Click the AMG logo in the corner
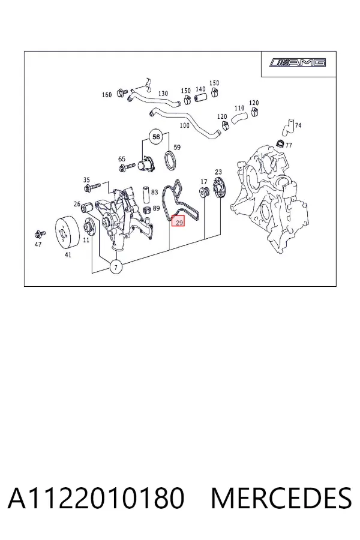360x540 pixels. (298, 62)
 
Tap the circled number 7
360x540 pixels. (116, 267)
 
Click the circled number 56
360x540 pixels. (156, 137)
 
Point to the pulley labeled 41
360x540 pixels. (68, 232)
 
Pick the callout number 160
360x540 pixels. (107, 95)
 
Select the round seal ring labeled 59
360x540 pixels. (170, 160)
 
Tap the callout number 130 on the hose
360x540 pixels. (163, 94)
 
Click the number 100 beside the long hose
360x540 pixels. (185, 125)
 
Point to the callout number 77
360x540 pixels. (289, 145)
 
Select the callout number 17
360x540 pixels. (204, 181)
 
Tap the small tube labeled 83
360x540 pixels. (146, 195)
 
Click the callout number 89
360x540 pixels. (156, 208)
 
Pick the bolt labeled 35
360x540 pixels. (92, 187)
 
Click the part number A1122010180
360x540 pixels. (96, 498)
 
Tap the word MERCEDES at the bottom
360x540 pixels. (281, 498)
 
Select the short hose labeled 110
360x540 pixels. (239, 118)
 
